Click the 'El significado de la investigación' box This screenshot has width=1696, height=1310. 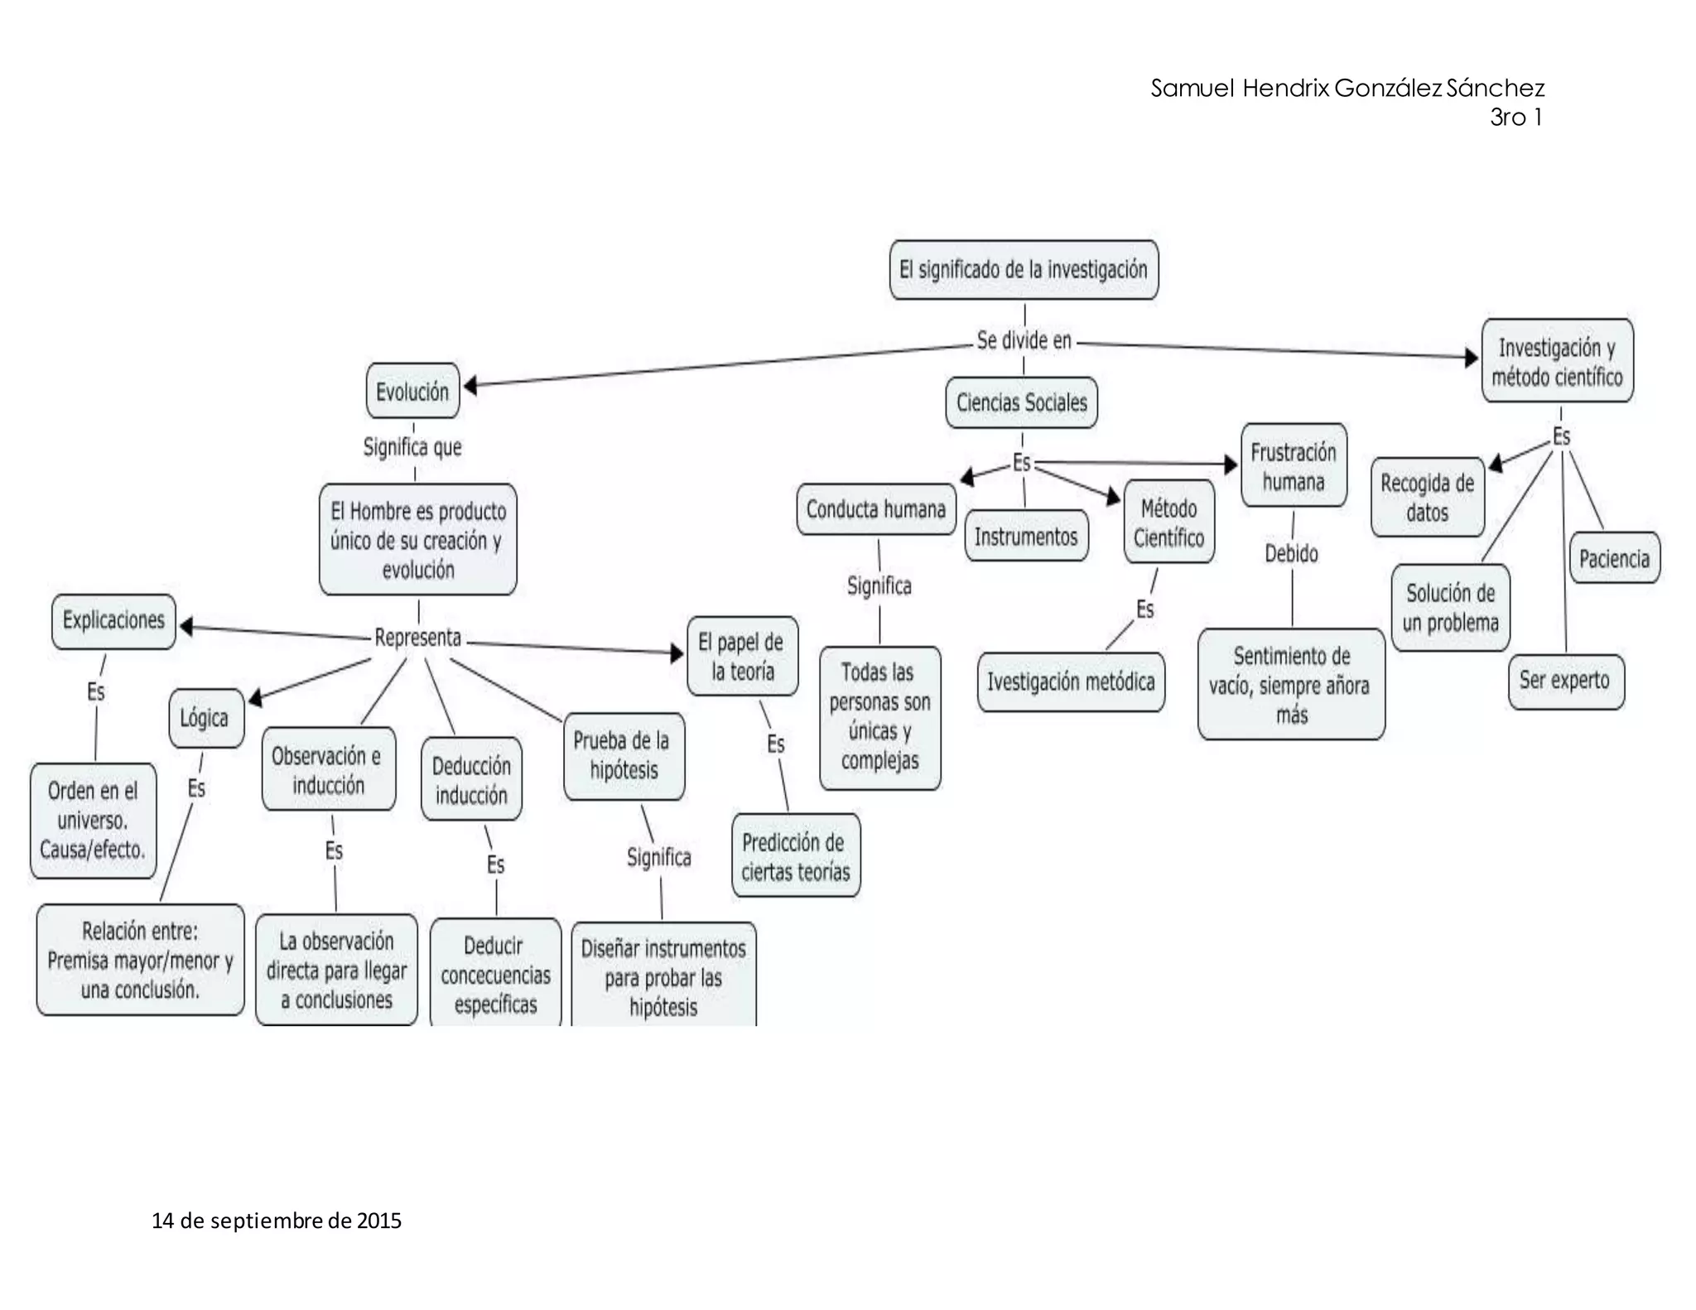tap(1024, 270)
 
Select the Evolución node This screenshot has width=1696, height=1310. tap(412, 391)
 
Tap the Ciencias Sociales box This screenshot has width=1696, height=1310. tap(1021, 402)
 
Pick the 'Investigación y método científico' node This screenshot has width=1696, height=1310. tap(1557, 362)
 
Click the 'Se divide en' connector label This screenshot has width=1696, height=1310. tap(1024, 340)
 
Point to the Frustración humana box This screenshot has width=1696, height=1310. tap(1293, 466)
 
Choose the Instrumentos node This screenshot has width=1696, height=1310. tap(1026, 537)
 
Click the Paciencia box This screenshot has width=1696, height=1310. tap(1614, 558)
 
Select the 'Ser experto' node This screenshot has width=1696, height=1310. tap(1565, 681)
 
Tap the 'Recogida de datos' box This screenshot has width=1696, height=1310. tap(1427, 498)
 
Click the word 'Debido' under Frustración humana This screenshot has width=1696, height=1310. tap(1291, 553)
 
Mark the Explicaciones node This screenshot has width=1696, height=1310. tap(113, 620)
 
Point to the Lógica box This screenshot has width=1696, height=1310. tap(205, 717)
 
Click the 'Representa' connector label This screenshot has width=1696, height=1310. tap(417, 638)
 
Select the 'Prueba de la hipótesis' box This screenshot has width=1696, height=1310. tap(624, 755)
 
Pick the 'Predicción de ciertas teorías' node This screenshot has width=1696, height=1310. tap(795, 857)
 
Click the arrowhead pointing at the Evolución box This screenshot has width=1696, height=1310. tap(470, 385)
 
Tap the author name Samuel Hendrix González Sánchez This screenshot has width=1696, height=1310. tap(1347, 89)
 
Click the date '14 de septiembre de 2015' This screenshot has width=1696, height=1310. tap(277, 1221)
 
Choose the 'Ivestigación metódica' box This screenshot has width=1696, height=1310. tap(1070, 681)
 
